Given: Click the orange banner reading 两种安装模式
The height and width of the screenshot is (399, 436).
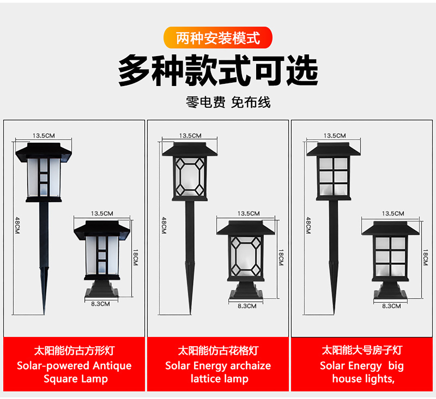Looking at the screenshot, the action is tap(218, 38).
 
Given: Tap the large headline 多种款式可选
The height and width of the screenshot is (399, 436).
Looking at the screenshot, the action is tap(218, 70).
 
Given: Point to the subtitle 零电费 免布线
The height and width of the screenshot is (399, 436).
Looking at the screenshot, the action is tap(228, 102).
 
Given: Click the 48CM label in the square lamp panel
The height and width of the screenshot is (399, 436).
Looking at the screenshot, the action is tap(17, 225).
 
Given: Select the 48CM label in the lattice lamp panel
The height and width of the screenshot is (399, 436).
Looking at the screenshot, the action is tap(164, 225).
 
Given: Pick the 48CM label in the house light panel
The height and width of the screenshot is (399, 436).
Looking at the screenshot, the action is tap(308, 225).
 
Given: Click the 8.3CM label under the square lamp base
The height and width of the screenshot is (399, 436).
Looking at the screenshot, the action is tap(100, 304).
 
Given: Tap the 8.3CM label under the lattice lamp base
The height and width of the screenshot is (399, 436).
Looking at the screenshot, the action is tap(247, 306).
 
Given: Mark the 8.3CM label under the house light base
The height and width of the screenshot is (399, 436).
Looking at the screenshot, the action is tap(391, 306).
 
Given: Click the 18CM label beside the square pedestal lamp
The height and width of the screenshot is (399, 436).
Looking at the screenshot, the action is tap(135, 258).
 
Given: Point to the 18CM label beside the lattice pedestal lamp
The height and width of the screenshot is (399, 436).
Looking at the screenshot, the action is tap(281, 258).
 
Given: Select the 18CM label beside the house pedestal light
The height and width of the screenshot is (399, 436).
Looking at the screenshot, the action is tap(425, 258).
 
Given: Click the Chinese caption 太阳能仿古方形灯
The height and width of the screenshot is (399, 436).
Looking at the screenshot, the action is tap(74, 351).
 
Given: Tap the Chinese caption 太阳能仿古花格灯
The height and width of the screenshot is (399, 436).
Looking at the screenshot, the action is tap(218, 351).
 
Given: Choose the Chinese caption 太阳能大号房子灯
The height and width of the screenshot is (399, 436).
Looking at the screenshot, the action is tap(362, 350).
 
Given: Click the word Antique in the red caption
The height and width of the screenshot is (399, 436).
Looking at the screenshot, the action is tap(112, 366).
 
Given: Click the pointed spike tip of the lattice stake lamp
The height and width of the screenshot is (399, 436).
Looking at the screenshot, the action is tap(190, 314).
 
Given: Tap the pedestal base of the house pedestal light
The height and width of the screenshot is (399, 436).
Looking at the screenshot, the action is tap(390, 290).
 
